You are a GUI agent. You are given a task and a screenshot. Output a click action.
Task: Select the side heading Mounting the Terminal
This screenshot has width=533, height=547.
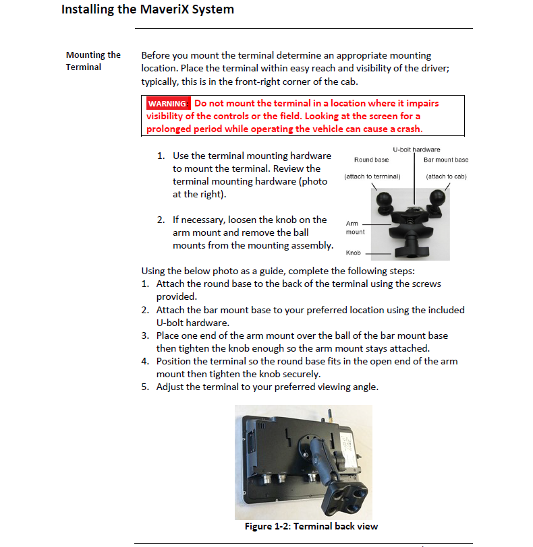click(93, 61)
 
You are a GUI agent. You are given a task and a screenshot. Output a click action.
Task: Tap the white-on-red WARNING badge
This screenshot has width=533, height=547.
click(167, 104)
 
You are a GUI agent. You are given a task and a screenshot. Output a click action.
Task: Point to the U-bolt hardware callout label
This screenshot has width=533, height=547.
click(416, 150)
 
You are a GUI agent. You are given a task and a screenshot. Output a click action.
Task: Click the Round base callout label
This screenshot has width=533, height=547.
click(371, 160)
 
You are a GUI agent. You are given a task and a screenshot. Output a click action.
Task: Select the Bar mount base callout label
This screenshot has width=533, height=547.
click(446, 160)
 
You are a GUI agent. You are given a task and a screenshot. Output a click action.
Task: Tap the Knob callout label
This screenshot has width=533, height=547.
click(353, 253)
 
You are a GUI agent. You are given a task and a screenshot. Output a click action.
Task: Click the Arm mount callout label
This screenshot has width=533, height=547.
click(355, 228)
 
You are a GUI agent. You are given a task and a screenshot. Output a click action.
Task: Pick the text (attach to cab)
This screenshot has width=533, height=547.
click(446, 176)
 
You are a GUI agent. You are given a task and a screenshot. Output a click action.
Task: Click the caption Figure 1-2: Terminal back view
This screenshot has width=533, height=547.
click(311, 526)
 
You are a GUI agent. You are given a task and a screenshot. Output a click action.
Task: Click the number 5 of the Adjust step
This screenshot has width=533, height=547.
click(144, 387)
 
